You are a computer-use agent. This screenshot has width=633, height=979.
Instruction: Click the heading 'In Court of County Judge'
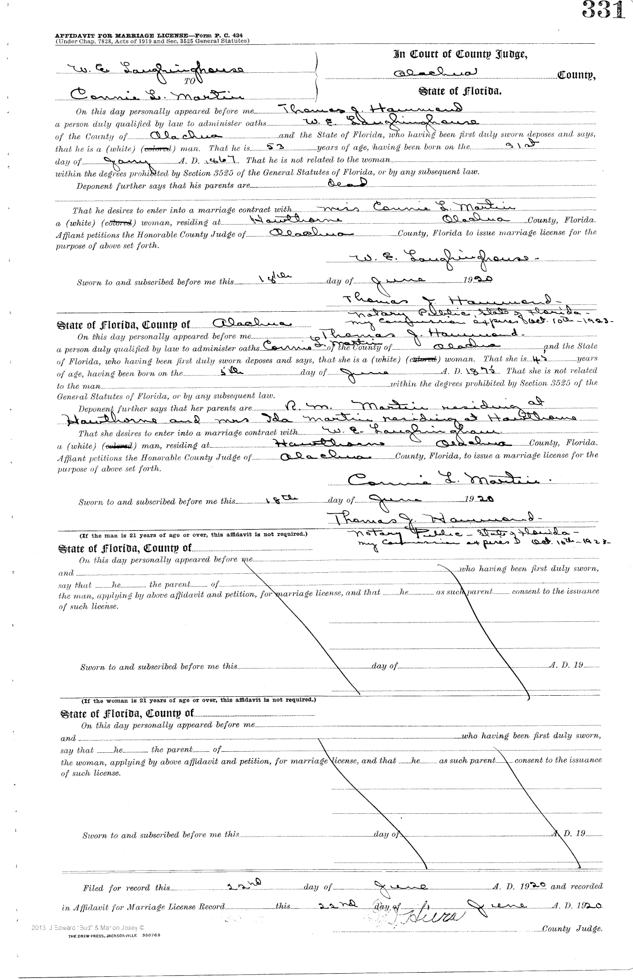(x=460, y=54)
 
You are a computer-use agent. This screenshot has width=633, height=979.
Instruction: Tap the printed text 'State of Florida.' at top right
(x=460, y=91)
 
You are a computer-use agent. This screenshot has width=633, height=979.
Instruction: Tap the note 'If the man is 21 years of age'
(x=193, y=534)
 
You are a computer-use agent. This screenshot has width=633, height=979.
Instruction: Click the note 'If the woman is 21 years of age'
(x=198, y=701)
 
